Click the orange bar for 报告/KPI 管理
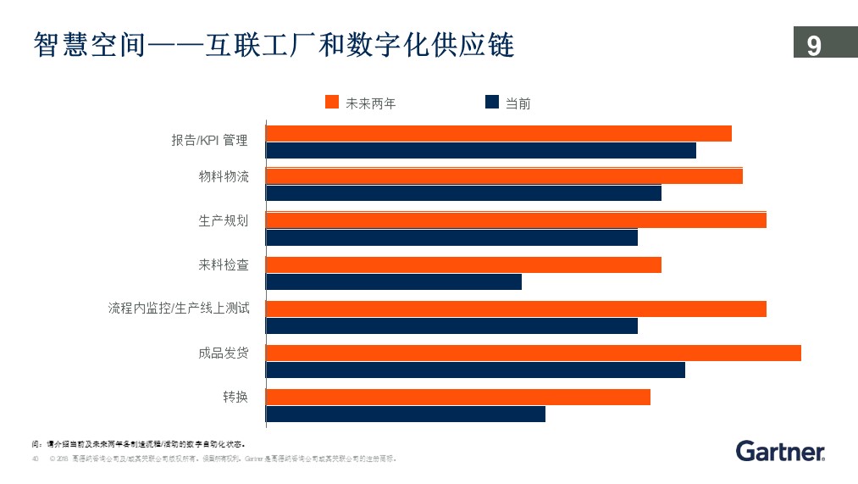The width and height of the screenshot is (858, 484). (498, 133)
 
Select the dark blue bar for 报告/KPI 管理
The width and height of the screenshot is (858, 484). (480, 151)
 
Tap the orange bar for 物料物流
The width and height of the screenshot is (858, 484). (504, 176)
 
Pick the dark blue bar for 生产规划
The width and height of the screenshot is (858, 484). (451, 237)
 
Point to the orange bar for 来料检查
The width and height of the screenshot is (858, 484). (463, 265)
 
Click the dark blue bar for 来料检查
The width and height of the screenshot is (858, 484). (394, 282)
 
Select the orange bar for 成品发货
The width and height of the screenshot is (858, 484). (533, 353)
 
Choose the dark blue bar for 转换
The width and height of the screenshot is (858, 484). (406, 414)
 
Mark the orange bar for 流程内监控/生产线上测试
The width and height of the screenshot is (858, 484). (516, 309)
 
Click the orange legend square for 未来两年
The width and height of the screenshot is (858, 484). (332, 103)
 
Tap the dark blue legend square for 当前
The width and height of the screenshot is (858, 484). (491, 103)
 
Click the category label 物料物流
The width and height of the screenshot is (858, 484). (224, 177)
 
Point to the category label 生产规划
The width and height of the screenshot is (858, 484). (224, 221)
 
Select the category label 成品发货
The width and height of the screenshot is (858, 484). (224, 353)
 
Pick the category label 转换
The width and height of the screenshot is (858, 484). (235, 397)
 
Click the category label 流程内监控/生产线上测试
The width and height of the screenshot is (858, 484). (179, 309)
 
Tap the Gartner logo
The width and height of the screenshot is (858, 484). (780, 452)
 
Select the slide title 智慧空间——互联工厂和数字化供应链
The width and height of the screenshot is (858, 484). (274, 44)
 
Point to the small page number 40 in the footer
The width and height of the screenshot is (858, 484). (36, 459)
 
